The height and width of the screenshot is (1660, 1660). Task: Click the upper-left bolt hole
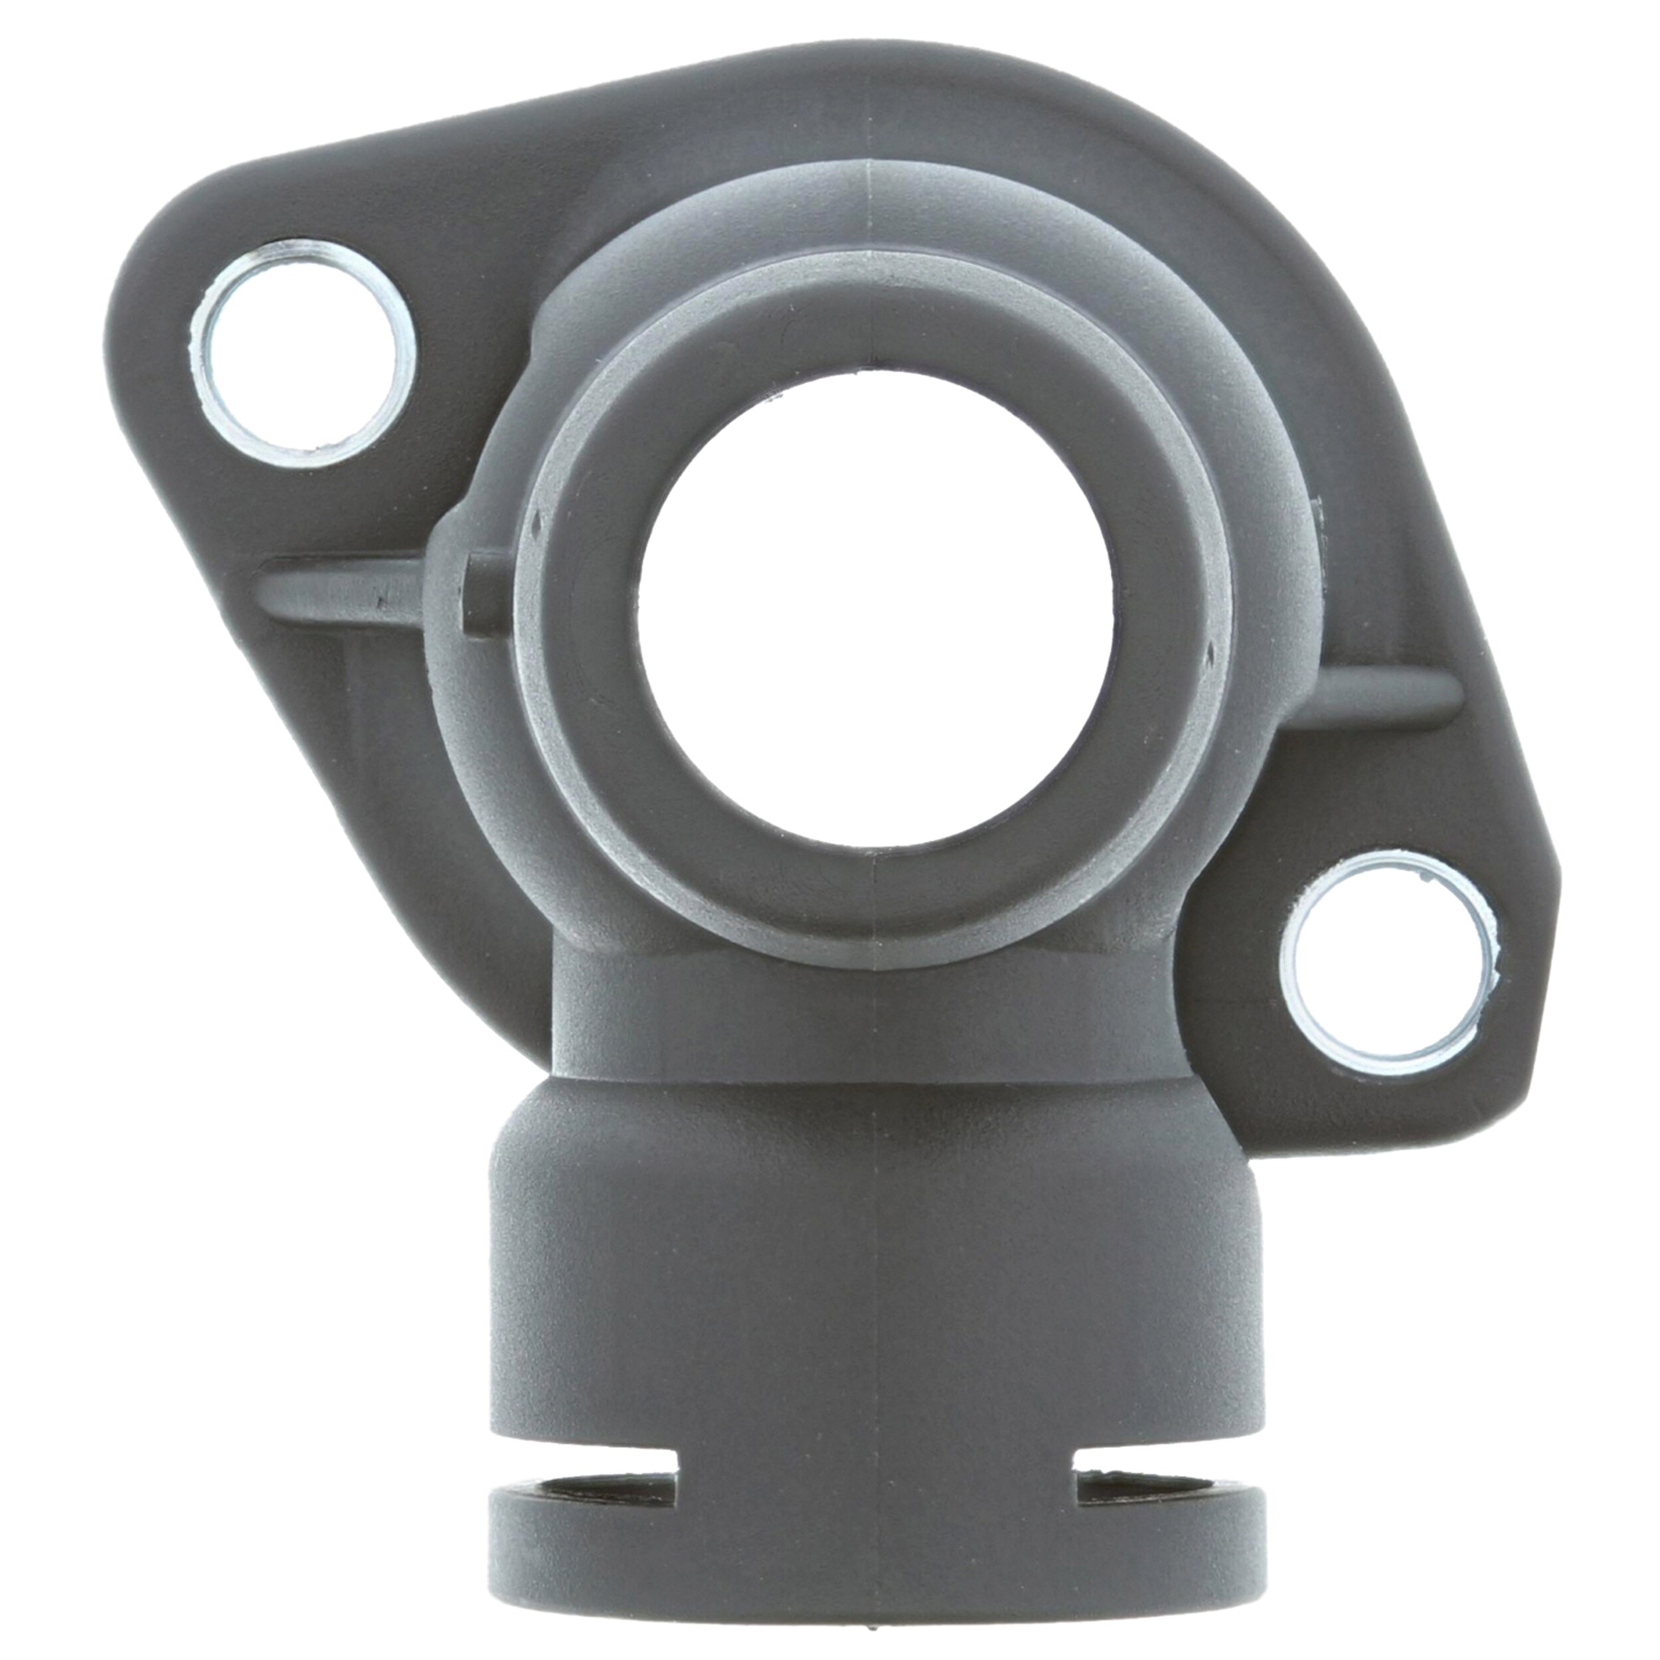pyautogui.click(x=302, y=354)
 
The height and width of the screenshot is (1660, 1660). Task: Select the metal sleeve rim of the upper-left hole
pyautogui.click(x=204, y=361)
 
